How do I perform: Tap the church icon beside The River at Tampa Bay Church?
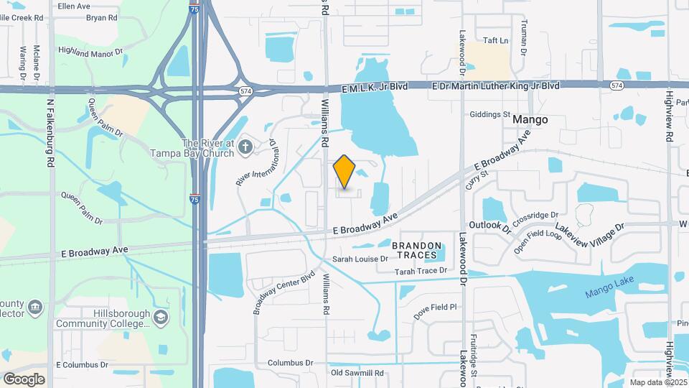[245, 147]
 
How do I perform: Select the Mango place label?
[530, 119]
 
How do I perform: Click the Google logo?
[24, 379]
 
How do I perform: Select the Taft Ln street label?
[495, 40]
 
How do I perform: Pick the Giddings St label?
[489, 114]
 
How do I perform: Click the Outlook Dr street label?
[489, 227]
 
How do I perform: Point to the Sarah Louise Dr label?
[360, 259]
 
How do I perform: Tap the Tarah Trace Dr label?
[421, 271]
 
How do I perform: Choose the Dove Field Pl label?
[435, 307]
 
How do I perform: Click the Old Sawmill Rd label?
[357, 373]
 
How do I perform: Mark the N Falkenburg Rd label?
[51, 133]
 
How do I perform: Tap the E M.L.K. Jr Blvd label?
[375, 86]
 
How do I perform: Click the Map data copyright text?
[658, 382]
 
